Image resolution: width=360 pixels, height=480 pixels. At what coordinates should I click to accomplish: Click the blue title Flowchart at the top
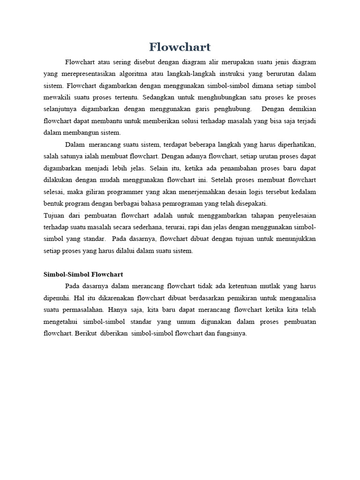(x=180, y=47)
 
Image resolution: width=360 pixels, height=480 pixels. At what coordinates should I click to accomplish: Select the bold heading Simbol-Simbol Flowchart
(x=83, y=274)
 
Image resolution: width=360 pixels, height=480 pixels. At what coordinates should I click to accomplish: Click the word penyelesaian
(x=293, y=215)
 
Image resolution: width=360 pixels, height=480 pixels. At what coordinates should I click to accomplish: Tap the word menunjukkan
(x=293, y=239)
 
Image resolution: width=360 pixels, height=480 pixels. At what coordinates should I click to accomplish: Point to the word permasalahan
(x=81, y=309)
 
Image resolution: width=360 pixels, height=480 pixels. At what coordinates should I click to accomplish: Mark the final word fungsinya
(x=230, y=333)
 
